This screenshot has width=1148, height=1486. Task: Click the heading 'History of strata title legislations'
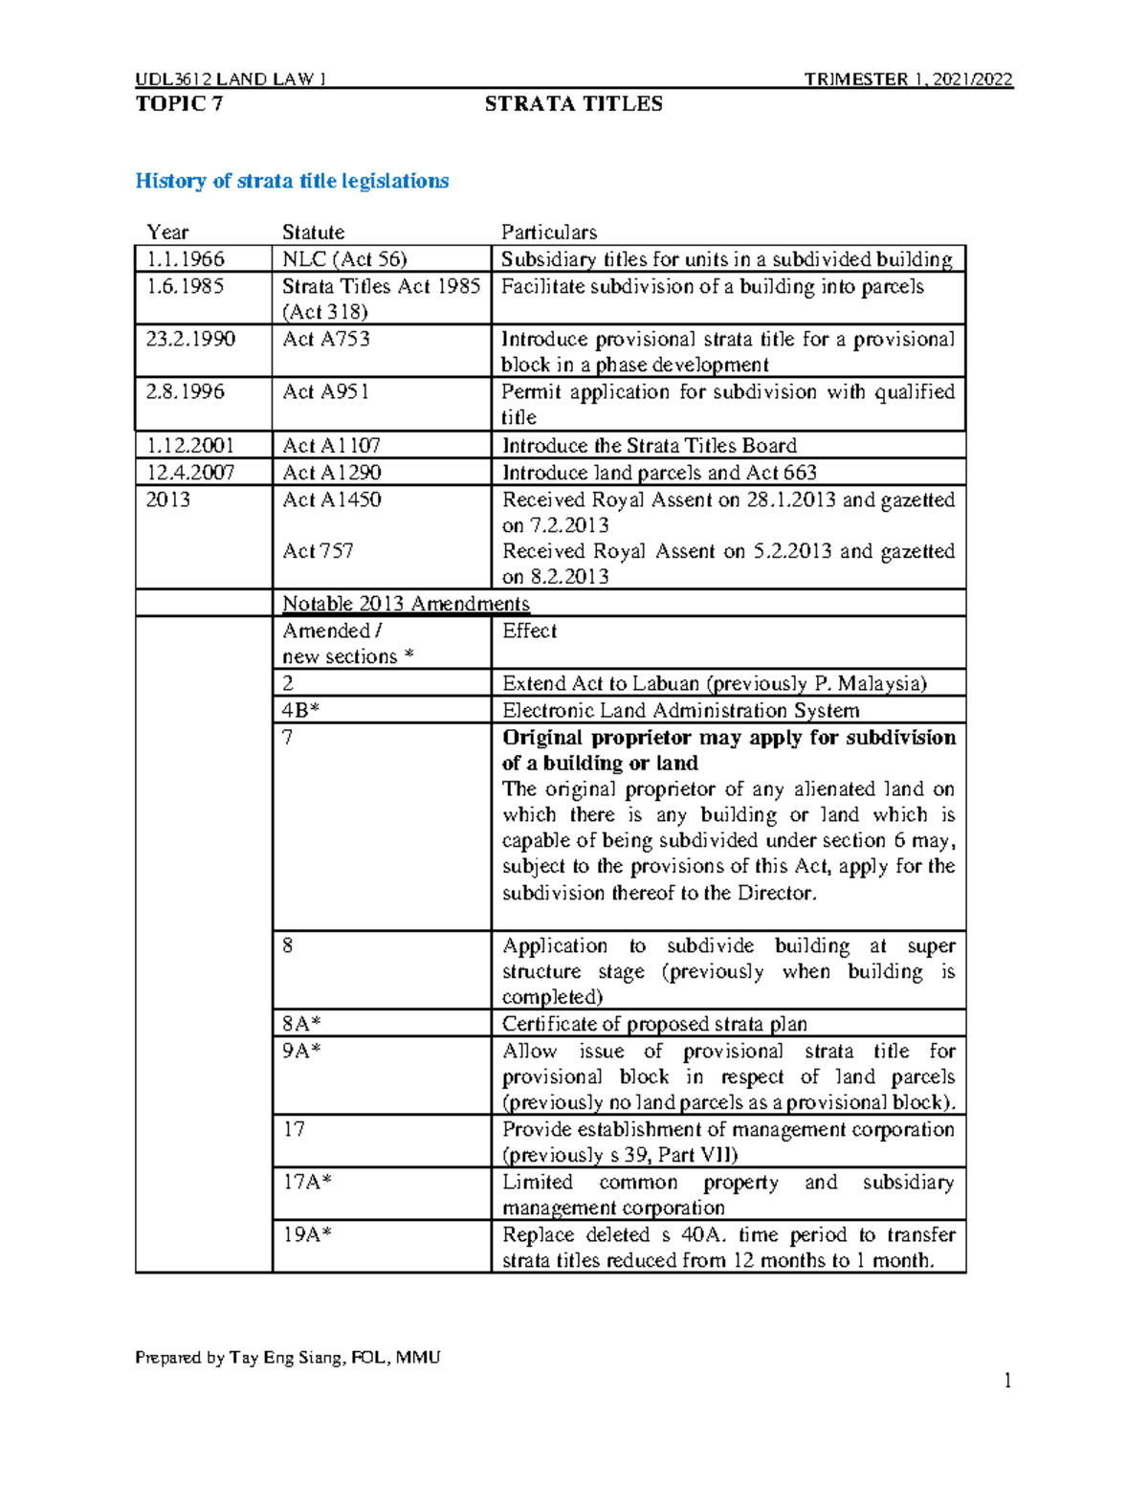tap(292, 181)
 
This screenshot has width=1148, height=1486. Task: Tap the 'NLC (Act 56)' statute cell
tap(344, 259)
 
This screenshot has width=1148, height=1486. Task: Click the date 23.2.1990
tap(190, 339)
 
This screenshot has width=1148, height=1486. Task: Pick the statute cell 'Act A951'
tap(326, 391)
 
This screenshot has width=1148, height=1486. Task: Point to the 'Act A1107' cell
tap(331, 445)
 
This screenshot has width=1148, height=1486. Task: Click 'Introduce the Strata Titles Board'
tap(650, 445)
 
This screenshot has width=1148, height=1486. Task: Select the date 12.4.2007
tap(190, 472)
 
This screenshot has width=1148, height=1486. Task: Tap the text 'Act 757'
tap(318, 551)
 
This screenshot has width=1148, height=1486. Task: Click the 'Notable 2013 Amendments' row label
tap(406, 604)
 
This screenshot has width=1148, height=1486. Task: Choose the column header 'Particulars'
tap(549, 232)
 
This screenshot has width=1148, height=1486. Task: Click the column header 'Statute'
tap(313, 232)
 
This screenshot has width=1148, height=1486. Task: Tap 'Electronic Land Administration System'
tap(680, 710)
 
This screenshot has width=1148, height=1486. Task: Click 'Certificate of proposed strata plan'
tap(654, 1023)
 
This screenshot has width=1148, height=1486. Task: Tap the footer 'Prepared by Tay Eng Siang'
tap(287, 1357)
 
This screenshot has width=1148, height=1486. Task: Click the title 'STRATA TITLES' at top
tap(573, 104)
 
